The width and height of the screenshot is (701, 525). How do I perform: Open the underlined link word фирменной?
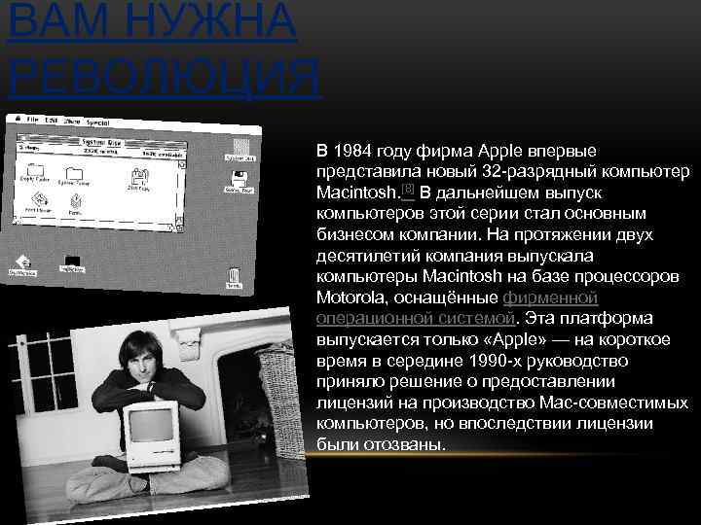pos(550,297)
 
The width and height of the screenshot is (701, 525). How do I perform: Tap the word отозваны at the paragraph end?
pos(411,444)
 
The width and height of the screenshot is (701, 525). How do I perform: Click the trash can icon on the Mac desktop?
pos(234,277)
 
